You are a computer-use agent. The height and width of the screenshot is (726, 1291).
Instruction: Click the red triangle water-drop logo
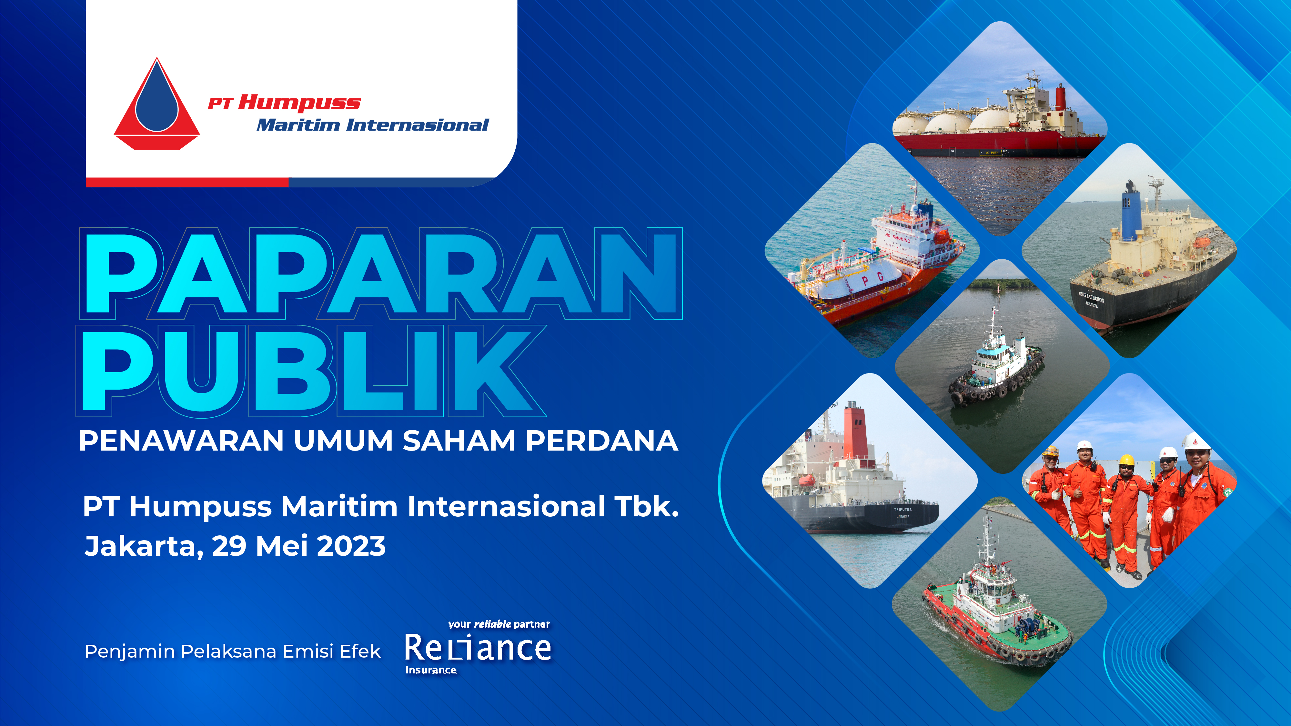(x=157, y=105)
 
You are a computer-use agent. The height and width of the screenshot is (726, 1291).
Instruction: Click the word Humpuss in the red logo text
(x=299, y=103)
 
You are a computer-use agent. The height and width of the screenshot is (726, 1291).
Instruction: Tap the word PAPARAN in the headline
(x=381, y=273)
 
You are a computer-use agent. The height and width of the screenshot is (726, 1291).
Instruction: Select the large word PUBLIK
(x=311, y=371)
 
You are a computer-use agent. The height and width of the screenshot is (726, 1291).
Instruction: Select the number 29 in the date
(x=229, y=546)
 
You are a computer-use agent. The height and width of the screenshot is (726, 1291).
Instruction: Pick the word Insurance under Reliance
(x=430, y=670)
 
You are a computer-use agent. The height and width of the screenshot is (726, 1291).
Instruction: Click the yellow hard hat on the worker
(x=1127, y=460)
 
